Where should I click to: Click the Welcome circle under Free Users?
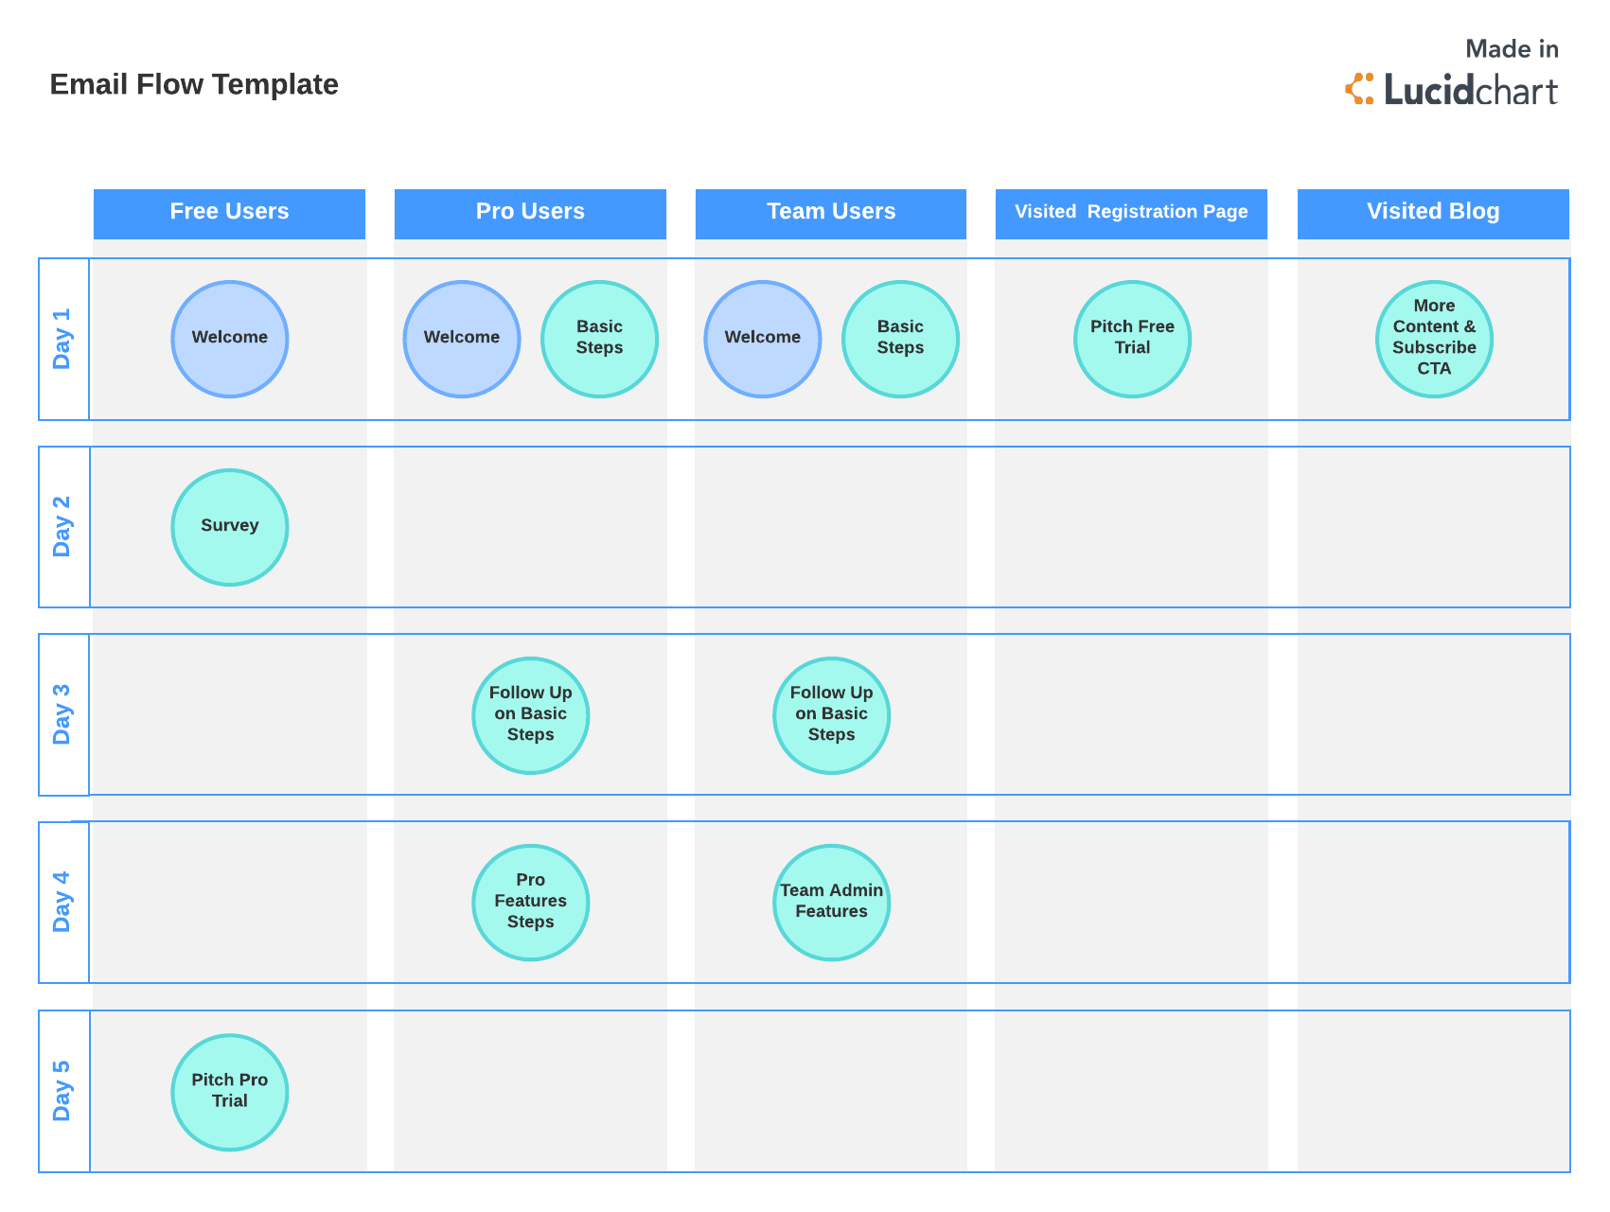pyautogui.click(x=230, y=339)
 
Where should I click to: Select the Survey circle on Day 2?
pyautogui.click(x=230, y=527)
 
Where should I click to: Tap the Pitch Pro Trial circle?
pyautogui.click(x=230, y=1092)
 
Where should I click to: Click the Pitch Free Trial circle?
pyautogui.click(x=1132, y=339)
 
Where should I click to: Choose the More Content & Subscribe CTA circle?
pyautogui.click(x=1434, y=339)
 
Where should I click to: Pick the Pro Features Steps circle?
pyautogui.click(x=531, y=903)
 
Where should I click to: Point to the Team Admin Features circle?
pyautogui.click(x=832, y=903)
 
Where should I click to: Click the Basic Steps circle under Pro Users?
pyautogui.click(x=599, y=339)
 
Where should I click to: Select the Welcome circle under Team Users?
pyautogui.click(x=763, y=339)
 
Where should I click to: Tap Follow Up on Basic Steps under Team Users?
pyautogui.click(x=832, y=715)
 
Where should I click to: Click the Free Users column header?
pyautogui.click(x=229, y=213)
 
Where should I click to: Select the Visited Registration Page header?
pyautogui.click(x=1131, y=213)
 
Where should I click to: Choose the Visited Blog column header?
pyautogui.click(x=1433, y=213)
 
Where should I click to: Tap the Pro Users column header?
pyautogui.click(x=530, y=213)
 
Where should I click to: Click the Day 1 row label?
pyautogui.click(x=62, y=339)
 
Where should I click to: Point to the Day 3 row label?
pyautogui.click(x=62, y=714)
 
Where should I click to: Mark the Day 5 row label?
pyautogui.click(x=62, y=1091)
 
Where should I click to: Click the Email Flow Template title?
pyautogui.click(x=194, y=85)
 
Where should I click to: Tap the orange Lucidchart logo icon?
pyautogui.click(x=1360, y=89)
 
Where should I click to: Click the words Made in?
pyautogui.click(x=1512, y=49)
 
